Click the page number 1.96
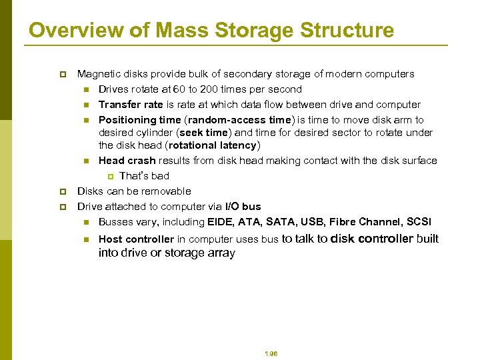coord(270,353)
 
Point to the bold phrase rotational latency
coord(214,145)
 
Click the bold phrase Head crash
coord(127,160)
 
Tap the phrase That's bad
coord(144,175)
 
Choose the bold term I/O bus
coord(243,206)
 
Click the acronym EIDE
coord(221,221)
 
